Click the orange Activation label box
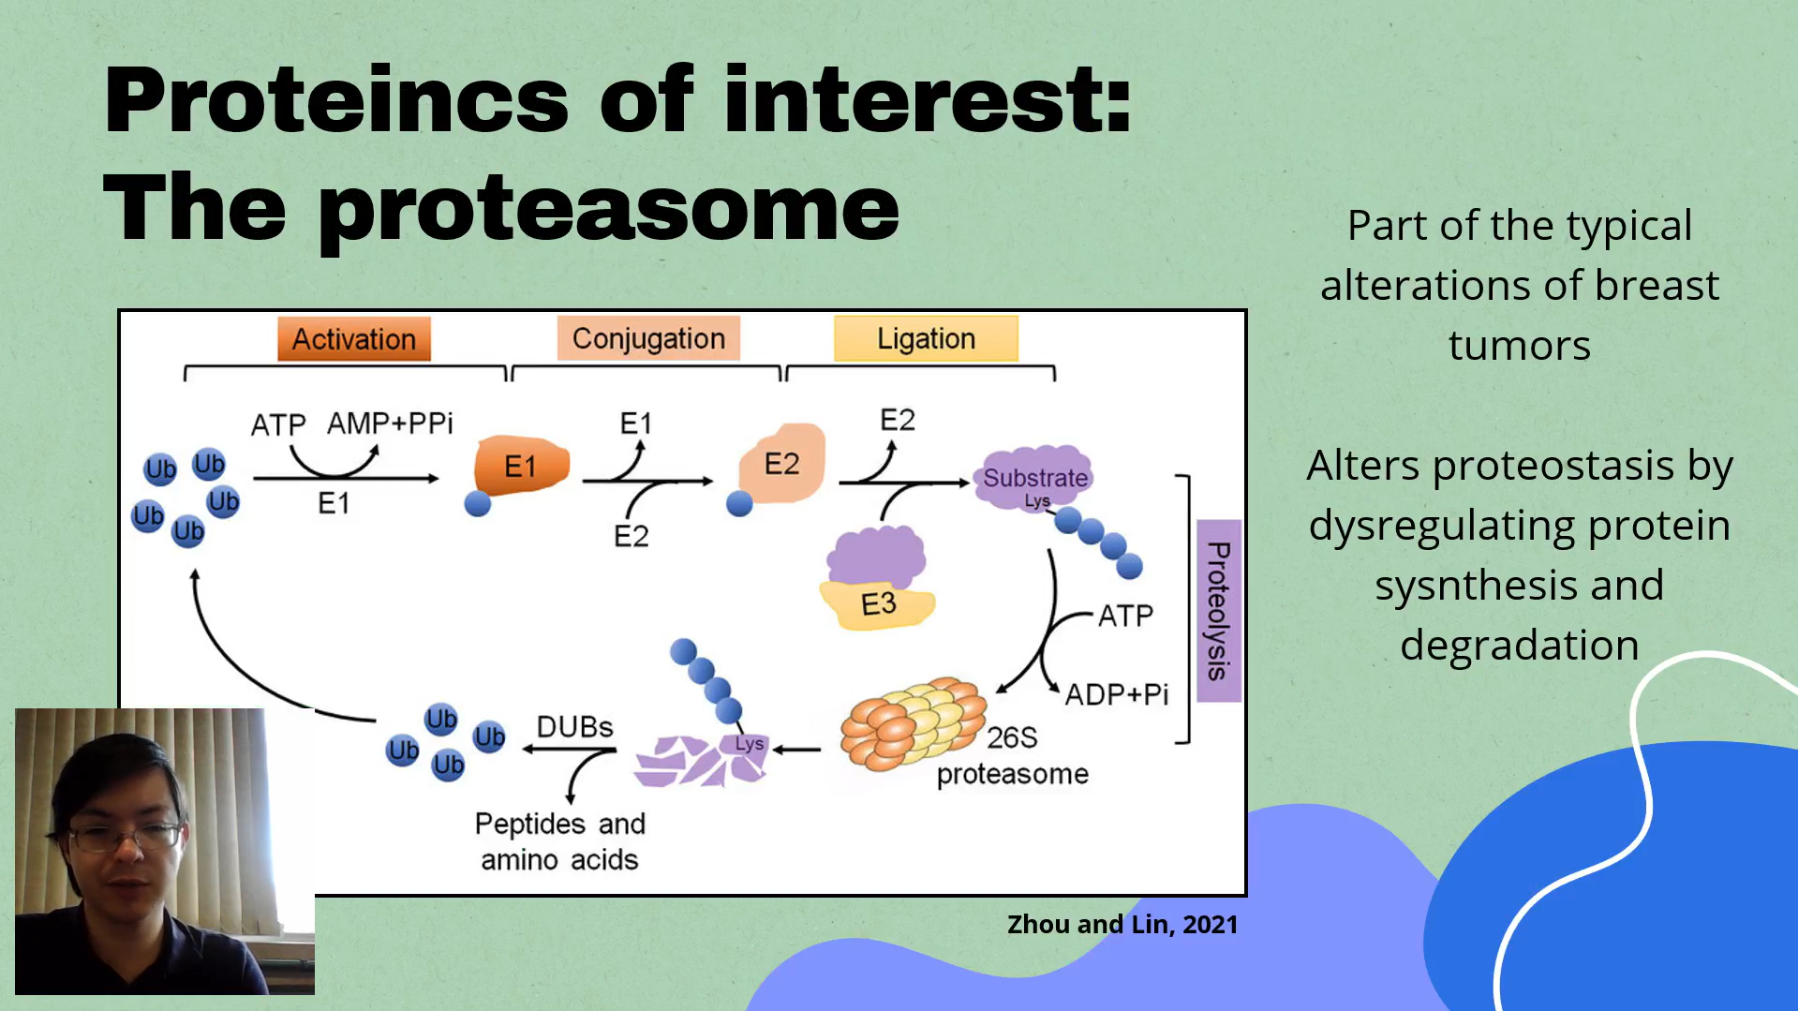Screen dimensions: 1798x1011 (x=354, y=338)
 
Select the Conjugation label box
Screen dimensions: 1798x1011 (x=648, y=338)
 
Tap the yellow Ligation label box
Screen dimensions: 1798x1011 (x=926, y=338)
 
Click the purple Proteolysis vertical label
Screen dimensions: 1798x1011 (x=1218, y=610)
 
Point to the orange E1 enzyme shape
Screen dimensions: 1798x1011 (x=521, y=465)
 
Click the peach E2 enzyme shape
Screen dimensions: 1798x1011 (x=782, y=463)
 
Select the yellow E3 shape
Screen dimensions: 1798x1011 (x=878, y=605)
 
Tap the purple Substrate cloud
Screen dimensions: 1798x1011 (x=1034, y=477)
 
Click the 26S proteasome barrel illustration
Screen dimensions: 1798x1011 (x=913, y=723)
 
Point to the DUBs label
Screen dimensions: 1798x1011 (x=574, y=727)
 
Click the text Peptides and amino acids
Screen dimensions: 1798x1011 (x=560, y=841)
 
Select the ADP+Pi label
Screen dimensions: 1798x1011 (x=1117, y=694)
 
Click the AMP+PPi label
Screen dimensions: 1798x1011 (x=390, y=424)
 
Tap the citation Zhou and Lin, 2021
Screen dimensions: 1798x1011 (x=1122, y=925)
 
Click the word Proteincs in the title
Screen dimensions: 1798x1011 (x=336, y=100)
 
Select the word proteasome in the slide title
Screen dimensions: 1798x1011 (x=609, y=210)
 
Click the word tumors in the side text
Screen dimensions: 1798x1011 (x=1520, y=345)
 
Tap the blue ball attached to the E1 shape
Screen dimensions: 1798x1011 (x=478, y=504)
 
